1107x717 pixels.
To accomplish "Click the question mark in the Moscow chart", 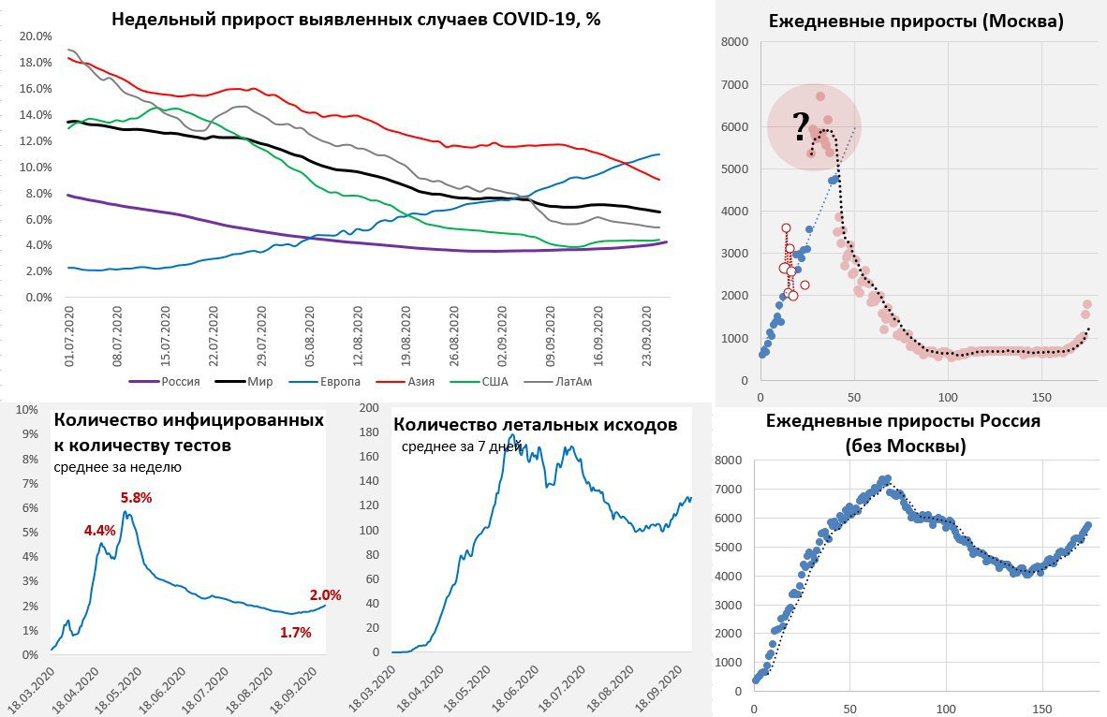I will [800, 124].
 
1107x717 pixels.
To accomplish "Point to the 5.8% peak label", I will [136, 498].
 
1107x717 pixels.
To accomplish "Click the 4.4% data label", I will [99, 530].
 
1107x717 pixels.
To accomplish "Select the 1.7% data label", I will [295, 633].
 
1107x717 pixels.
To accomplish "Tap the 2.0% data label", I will [325, 594].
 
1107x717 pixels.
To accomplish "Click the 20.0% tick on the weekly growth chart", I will [35, 37].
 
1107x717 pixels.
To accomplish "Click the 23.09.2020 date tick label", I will [652, 334].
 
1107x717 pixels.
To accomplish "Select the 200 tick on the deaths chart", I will [371, 408].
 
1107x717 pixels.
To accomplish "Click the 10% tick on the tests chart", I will [27, 410].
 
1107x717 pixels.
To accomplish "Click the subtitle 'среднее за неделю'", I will [117, 466].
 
